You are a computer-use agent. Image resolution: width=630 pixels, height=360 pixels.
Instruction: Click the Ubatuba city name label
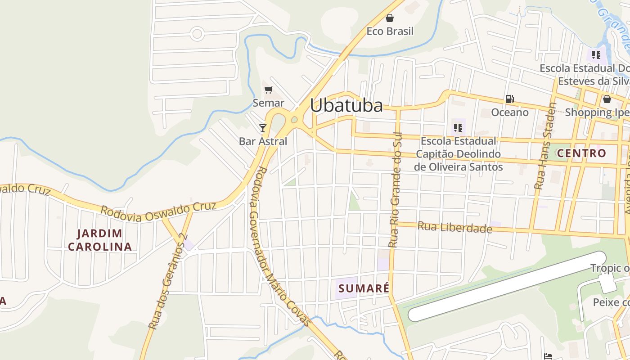pyautogui.click(x=346, y=106)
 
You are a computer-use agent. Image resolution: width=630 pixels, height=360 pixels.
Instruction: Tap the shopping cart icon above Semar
pyautogui.click(x=269, y=90)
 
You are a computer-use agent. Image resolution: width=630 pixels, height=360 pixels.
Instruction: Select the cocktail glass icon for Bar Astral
pyautogui.click(x=263, y=128)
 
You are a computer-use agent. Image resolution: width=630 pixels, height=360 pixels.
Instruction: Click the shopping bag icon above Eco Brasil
pyautogui.click(x=390, y=18)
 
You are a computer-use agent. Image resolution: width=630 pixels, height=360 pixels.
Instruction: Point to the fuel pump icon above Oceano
pyautogui.click(x=509, y=99)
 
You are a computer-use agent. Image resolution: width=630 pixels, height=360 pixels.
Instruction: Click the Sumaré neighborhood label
pyautogui.click(x=364, y=288)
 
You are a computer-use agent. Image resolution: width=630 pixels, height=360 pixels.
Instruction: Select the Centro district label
pyautogui.click(x=581, y=153)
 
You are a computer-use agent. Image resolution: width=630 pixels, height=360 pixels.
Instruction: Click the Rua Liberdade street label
pyautogui.click(x=454, y=227)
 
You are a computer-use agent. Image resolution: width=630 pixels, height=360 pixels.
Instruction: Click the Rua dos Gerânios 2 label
pyautogui.click(x=167, y=281)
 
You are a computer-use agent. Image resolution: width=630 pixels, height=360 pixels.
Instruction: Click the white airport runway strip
pyautogui.click(x=506, y=286)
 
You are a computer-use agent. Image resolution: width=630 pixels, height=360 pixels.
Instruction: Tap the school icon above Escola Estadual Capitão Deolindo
pyautogui.click(x=458, y=127)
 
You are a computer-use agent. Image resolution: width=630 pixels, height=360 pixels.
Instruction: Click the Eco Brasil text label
pyautogui.click(x=390, y=31)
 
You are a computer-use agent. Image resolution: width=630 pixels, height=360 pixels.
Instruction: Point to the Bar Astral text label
pyautogui.click(x=263, y=141)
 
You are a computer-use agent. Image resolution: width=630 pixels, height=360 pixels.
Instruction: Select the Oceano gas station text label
pyautogui.click(x=509, y=112)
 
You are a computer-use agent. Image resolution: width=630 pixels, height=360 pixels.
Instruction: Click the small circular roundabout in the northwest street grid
pyautogui.click(x=197, y=33)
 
